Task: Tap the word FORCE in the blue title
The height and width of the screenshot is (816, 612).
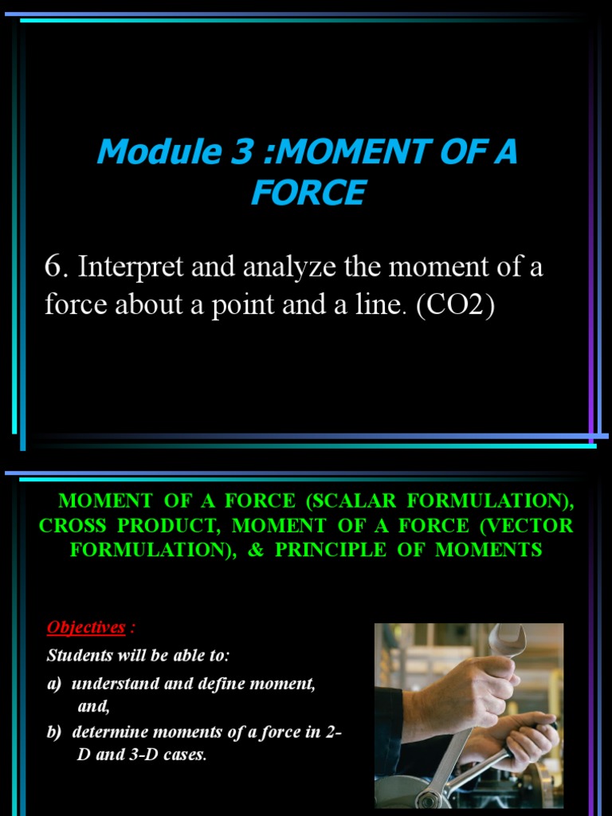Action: click(308, 193)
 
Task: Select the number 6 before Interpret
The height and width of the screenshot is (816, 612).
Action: click(53, 268)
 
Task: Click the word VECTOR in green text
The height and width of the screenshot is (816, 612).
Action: click(538, 526)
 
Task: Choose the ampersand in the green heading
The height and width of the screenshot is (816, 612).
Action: click(256, 550)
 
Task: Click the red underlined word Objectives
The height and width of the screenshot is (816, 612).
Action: click(86, 627)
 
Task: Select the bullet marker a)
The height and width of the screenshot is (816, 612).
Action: click(55, 685)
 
